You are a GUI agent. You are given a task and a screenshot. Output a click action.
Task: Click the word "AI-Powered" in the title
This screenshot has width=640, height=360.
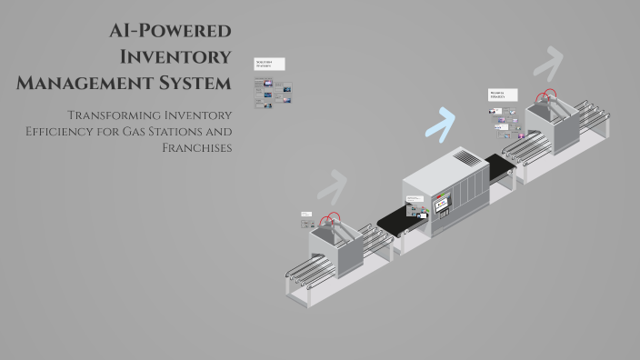pos(169,31)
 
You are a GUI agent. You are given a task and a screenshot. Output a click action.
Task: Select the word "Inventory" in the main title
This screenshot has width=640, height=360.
pos(176,57)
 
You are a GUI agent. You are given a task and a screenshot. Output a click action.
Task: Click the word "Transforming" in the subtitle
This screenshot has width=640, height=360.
pos(111,115)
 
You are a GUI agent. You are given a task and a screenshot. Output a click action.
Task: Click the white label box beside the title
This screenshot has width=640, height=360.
pos(269,65)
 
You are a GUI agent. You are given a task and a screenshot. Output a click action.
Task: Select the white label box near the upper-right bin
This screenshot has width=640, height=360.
pos(503,95)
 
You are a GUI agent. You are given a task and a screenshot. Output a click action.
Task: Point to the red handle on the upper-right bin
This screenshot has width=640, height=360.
pos(546,94)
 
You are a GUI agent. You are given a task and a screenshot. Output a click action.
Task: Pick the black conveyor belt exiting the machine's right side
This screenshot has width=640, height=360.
pos(499,167)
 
